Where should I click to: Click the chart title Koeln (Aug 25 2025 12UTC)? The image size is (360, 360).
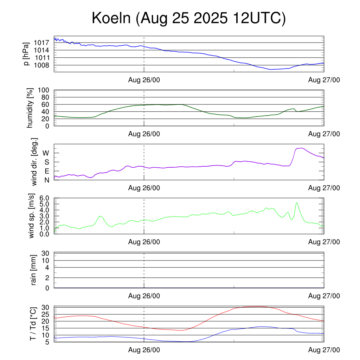[188, 18]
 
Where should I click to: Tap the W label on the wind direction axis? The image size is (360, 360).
[46, 153]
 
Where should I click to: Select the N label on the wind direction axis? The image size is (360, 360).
[46, 180]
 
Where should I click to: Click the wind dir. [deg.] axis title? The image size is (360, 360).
[34, 162]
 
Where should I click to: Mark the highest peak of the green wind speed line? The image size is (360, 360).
[297, 202]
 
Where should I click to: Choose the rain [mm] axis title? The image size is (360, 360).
[34, 270]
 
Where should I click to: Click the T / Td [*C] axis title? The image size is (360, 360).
[33, 324]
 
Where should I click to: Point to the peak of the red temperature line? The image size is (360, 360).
[257, 306]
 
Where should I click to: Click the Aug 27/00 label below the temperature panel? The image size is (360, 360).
[324, 350]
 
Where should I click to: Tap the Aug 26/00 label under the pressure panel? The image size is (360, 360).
[144, 80]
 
